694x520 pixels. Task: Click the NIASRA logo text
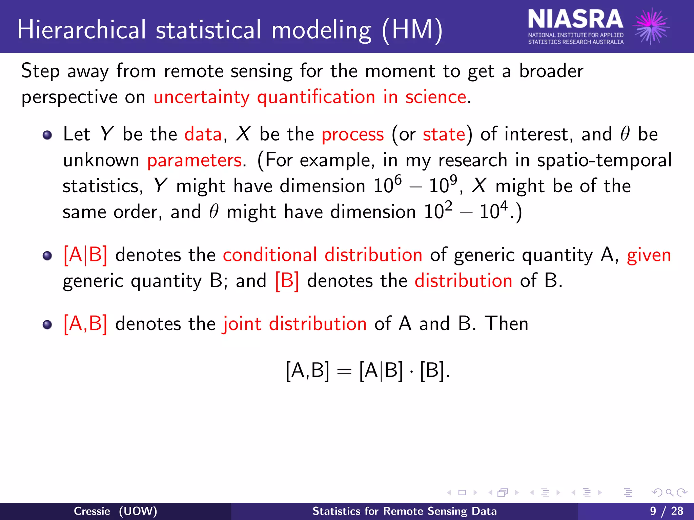click(x=575, y=20)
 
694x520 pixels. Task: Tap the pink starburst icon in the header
click(x=651, y=26)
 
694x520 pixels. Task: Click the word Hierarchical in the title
click(x=82, y=30)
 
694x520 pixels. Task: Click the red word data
click(x=203, y=134)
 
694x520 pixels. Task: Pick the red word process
click(x=352, y=134)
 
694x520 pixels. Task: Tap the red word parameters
click(x=195, y=160)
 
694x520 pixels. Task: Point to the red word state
click(x=444, y=134)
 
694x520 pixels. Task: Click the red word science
click(x=436, y=97)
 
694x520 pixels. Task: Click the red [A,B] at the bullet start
click(x=85, y=324)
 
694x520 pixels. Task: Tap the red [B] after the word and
click(x=287, y=281)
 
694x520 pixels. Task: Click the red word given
click(x=649, y=255)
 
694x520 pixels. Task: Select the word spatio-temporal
click(x=604, y=160)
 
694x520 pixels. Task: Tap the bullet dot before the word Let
click(x=47, y=135)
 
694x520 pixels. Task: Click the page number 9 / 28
click(x=667, y=511)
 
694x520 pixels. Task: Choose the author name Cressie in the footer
click(x=92, y=511)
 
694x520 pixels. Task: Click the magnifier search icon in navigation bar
click(x=669, y=493)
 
